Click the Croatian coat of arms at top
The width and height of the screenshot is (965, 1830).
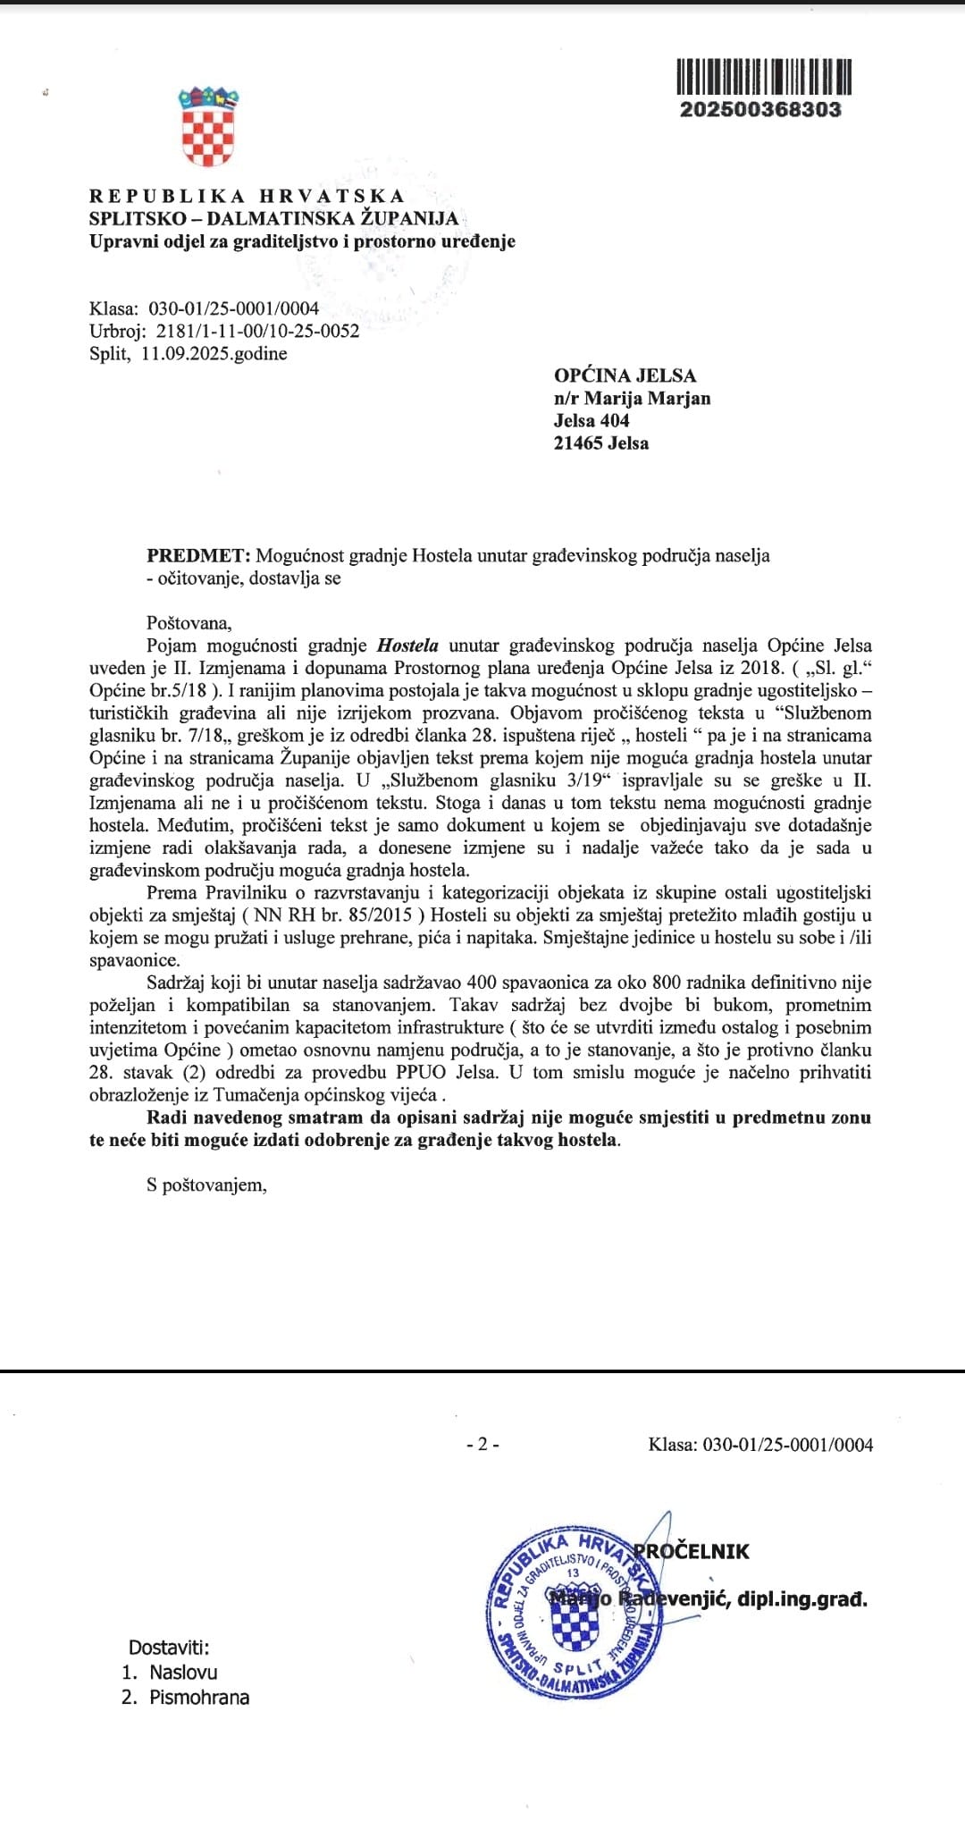[208, 126]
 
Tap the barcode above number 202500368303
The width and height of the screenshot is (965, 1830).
[763, 77]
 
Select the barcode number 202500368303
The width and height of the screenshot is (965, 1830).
[760, 109]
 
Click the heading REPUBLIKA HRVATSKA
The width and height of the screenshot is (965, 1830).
[247, 196]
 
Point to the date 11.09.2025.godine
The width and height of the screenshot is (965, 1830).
[214, 353]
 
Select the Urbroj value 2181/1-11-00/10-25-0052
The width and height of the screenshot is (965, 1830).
[257, 331]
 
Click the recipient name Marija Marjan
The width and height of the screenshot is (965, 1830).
[647, 398]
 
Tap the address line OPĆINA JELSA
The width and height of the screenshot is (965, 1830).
[625, 375]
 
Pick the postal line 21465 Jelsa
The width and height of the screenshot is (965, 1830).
[601, 443]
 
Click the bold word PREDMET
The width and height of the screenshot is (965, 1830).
[199, 555]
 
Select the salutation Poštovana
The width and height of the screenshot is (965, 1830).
[189, 623]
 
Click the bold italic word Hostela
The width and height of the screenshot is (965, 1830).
[408, 645]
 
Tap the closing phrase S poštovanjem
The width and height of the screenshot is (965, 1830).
[206, 1185]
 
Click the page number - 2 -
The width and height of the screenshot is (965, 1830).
[482, 1444]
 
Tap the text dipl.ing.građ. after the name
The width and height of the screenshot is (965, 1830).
[802, 1598]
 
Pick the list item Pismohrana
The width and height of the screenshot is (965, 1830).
[199, 1697]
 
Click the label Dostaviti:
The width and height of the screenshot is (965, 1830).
[169, 1647]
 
